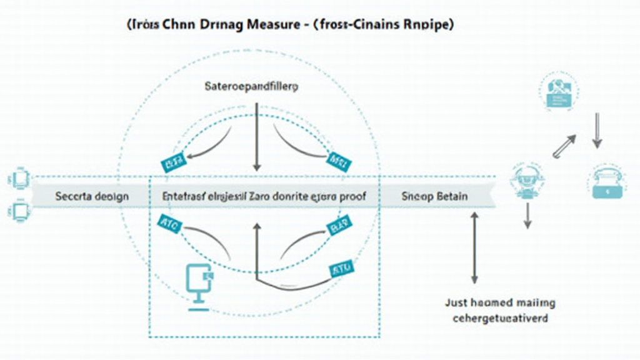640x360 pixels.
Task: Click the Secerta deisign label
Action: coord(92,196)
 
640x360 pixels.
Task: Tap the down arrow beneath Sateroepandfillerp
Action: coord(256,137)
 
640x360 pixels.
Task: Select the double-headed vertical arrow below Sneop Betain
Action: coord(474,247)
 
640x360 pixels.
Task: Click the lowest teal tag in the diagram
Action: coord(341,269)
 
